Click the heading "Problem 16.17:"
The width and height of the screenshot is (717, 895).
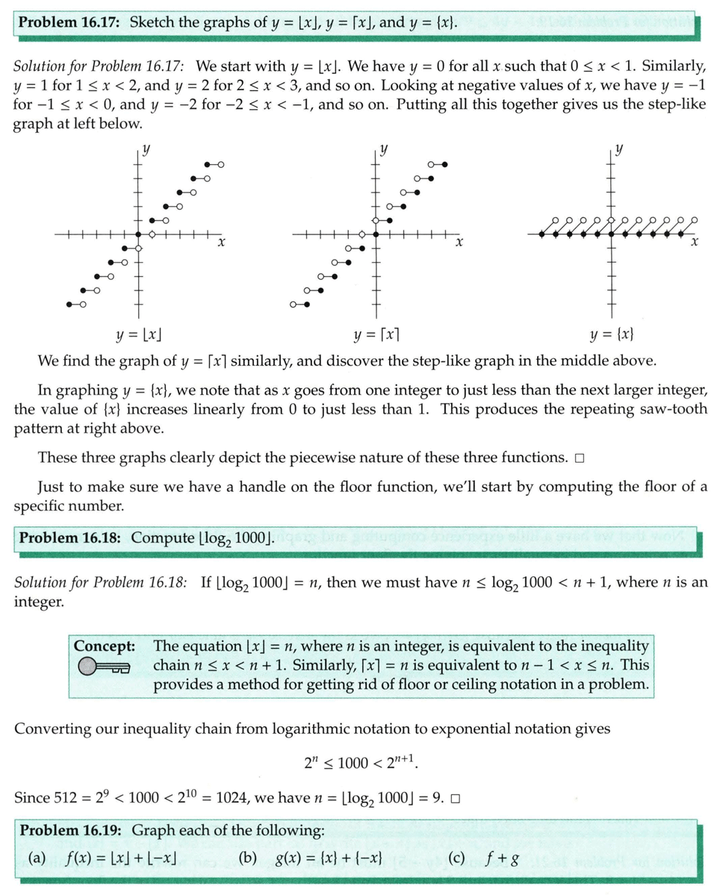point(70,22)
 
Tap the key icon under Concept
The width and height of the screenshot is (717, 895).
point(102,666)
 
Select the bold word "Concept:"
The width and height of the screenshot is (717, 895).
point(104,645)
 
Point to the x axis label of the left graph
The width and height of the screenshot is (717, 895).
point(222,243)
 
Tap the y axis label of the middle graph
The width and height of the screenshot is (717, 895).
point(384,149)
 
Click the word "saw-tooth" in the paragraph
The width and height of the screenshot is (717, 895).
point(674,410)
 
